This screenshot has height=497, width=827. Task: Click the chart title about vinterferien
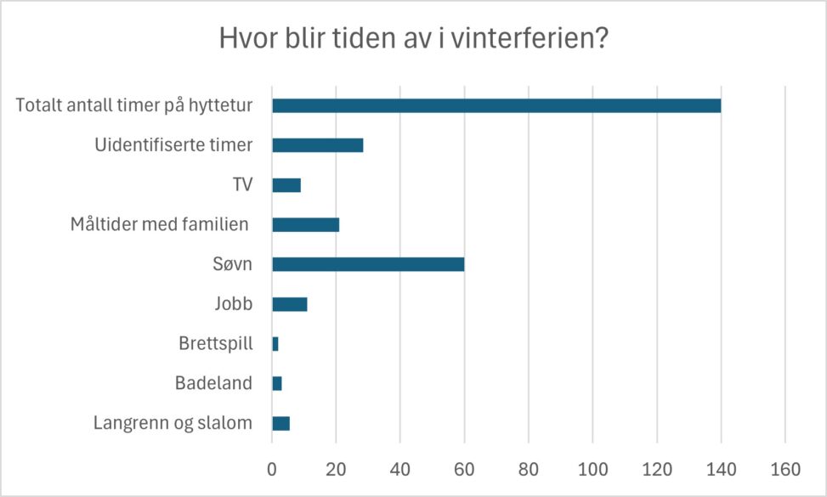coord(413,39)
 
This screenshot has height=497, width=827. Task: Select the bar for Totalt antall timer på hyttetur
coord(496,105)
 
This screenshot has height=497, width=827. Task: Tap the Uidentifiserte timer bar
coord(317,145)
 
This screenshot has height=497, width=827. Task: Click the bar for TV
coord(286,185)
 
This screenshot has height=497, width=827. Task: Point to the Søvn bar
coord(368,264)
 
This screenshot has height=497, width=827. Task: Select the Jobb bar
coord(289,304)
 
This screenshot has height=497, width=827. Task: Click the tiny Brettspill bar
coord(275,344)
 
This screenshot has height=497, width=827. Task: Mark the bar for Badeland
coord(277,383)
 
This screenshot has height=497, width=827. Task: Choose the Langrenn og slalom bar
coord(280,423)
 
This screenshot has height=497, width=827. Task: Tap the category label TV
coord(242,185)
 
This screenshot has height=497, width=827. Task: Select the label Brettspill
coord(216,344)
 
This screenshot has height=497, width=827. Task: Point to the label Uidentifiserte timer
coord(173,145)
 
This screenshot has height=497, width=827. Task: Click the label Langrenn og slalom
coord(173,423)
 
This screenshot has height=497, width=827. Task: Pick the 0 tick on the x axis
coord(272,468)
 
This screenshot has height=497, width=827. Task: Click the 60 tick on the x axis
coord(464,468)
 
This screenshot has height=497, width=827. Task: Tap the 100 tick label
coord(592,468)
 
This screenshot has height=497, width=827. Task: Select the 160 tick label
coord(785,468)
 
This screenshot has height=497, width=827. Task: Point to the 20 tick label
coord(336,468)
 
